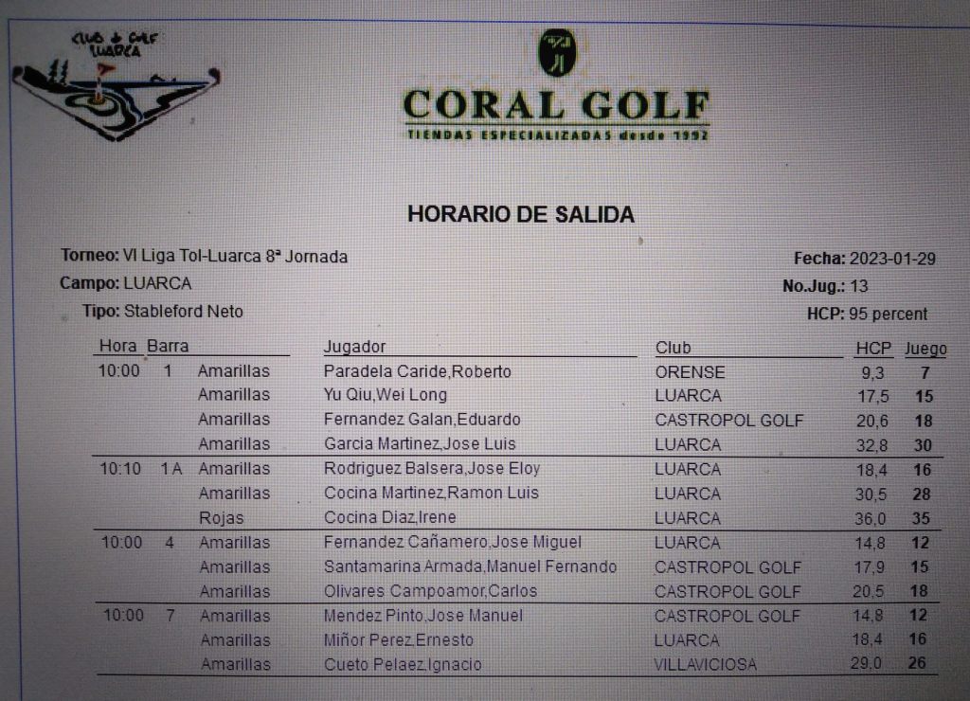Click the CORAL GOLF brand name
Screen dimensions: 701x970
(556, 105)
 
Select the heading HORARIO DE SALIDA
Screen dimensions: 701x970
(521, 214)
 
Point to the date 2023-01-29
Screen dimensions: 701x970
(892, 259)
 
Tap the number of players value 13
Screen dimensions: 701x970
(859, 286)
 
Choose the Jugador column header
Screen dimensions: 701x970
(354, 347)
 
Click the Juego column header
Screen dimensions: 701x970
(925, 349)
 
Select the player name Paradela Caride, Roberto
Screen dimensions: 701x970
(417, 371)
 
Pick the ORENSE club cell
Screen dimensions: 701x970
(690, 372)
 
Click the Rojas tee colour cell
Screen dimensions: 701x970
(222, 518)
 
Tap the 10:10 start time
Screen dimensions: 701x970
(120, 468)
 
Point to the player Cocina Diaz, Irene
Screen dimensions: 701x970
(389, 517)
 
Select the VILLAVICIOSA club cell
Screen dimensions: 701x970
(705, 664)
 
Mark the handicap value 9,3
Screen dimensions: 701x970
(872, 373)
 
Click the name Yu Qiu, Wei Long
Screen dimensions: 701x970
(385, 395)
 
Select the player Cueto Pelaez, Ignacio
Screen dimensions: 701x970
(403, 664)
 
